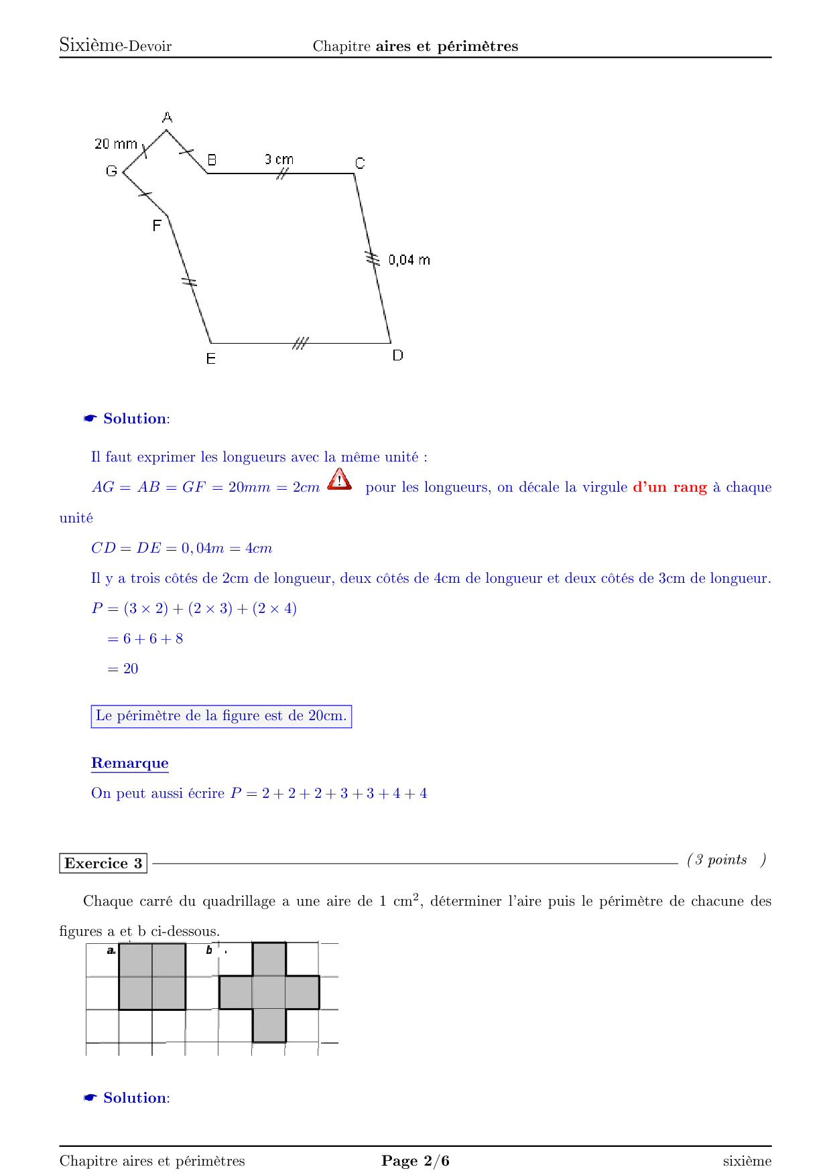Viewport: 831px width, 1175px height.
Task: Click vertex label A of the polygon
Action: tap(168, 118)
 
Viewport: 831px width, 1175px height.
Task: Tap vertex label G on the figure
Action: tap(111, 171)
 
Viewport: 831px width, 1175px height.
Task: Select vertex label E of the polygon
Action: tap(210, 359)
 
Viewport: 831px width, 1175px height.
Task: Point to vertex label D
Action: tap(397, 356)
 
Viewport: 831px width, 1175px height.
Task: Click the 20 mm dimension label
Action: tap(116, 144)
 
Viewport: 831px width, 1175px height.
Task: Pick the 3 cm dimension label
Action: tap(279, 159)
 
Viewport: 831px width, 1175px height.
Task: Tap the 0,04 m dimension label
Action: tap(409, 260)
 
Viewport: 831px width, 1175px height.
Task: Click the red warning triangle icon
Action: tap(340, 480)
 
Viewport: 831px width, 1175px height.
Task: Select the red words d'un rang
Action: tap(669, 487)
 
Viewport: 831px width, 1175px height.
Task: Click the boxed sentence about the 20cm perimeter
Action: tap(221, 716)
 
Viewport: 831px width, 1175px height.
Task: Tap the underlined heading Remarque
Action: tap(130, 763)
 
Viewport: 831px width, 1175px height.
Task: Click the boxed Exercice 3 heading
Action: tap(103, 863)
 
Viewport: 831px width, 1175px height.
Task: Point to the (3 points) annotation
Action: tap(726, 860)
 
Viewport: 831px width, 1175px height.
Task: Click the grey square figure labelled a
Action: tap(152, 976)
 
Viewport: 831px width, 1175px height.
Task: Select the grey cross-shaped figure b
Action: tap(269, 992)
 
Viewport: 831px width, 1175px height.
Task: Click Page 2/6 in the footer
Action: tap(415, 1161)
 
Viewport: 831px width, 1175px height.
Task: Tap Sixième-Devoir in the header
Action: tap(115, 46)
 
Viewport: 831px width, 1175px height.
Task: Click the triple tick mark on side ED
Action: tap(300, 344)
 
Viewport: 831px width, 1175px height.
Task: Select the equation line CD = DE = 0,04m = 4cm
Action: tap(182, 548)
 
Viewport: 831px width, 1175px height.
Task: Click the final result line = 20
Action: tap(123, 669)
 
